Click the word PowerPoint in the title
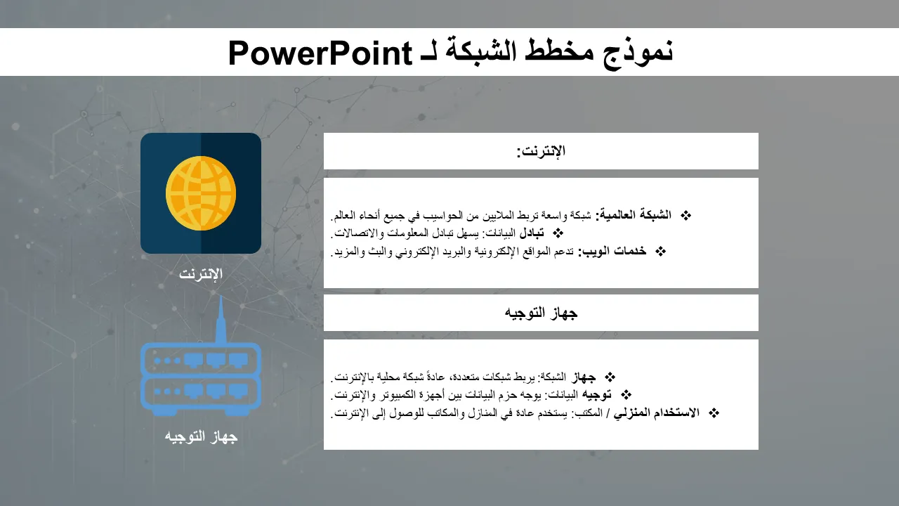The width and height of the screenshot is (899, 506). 320,53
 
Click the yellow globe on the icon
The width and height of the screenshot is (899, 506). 201,193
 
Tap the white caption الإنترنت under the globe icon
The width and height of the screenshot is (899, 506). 201,274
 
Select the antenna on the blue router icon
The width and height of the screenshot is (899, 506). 221,320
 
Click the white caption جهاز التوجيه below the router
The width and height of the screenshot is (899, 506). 201,436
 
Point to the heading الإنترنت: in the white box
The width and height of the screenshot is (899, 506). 541,151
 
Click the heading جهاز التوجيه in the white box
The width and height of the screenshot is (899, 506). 541,313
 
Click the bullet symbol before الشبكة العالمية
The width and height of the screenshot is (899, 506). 686,216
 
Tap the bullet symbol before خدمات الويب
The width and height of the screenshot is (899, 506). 660,252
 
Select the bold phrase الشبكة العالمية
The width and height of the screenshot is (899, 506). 633,215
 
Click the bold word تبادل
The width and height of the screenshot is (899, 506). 532,233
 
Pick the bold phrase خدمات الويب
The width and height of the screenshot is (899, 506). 612,252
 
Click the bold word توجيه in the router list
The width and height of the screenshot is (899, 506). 596,395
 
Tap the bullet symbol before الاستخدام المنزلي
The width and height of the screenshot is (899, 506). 714,413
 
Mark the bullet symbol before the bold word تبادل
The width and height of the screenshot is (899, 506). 558,233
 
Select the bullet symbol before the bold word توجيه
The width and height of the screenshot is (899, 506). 626,395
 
